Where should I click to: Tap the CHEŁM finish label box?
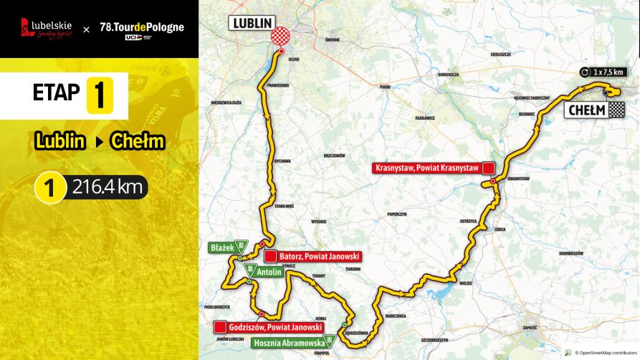[586, 110]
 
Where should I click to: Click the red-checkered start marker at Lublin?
[281, 37]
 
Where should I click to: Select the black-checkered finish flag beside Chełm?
[616, 110]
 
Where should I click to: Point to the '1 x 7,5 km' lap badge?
[604, 72]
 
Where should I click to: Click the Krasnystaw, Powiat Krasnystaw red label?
[428, 169]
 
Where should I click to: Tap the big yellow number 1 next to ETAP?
[100, 95]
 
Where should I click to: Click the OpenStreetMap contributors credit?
[601, 353]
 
